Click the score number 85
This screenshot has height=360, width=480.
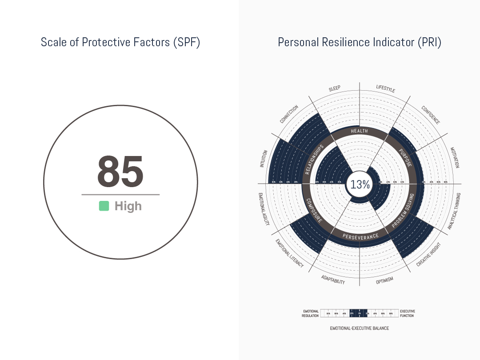point(120,172)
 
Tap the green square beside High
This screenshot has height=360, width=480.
point(104,206)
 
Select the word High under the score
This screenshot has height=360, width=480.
point(128,206)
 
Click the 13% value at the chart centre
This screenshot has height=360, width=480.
point(360,184)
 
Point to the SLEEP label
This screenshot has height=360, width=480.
point(335,88)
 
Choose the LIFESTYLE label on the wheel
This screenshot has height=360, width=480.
point(385,88)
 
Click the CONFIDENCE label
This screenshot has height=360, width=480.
point(431,115)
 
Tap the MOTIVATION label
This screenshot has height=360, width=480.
point(454,157)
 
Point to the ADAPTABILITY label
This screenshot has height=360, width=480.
point(333,280)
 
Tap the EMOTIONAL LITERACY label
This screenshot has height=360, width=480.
point(290,253)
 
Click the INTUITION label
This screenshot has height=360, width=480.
point(264,159)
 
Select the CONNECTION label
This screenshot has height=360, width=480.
point(289,115)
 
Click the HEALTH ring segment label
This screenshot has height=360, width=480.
point(359,131)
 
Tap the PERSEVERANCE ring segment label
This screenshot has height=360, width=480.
point(360,236)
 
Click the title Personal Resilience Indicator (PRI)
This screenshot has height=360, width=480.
point(359,42)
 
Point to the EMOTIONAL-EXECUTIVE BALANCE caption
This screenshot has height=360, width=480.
point(359,328)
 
